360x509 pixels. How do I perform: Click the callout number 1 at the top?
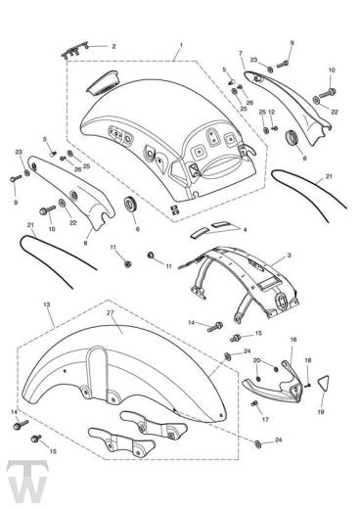click(x=181, y=45)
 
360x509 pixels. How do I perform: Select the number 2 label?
click(x=113, y=47)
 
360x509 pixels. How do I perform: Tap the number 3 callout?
click(x=289, y=255)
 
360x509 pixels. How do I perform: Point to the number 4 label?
click(x=245, y=230)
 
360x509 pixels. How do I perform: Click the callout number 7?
click(x=241, y=53)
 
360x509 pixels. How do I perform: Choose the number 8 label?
click(x=85, y=243)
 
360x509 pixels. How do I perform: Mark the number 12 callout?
click(x=272, y=112)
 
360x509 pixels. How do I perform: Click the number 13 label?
click(x=47, y=304)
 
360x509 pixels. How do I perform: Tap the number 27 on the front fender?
click(x=110, y=312)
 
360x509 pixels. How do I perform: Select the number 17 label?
click(x=265, y=419)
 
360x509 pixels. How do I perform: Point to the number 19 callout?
click(x=321, y=412)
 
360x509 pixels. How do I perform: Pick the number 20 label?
click(x=257, y=360)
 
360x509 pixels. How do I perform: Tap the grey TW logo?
click(x=27, y=483)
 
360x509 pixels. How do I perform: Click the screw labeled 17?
click(x=254, y=404)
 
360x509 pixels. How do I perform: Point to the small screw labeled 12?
click(x=275, y=128)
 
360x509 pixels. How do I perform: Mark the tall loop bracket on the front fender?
click(x=98, y=369)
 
